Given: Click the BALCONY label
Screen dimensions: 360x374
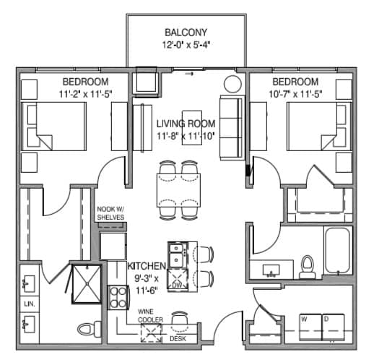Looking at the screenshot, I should click(187, 33).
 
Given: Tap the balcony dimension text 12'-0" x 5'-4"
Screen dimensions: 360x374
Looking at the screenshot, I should click(187, 45).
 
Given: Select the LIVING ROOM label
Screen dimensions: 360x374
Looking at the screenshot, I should click(187, 123).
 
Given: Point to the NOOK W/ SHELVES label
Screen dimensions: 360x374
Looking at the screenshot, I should click(111, 215).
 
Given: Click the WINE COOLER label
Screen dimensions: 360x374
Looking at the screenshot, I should click(152, 316).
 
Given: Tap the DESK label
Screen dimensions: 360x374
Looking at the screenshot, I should click(178, 338).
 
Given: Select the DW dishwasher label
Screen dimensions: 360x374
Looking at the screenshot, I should click(177, 286).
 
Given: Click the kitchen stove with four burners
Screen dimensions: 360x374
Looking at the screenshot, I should click(118, 297).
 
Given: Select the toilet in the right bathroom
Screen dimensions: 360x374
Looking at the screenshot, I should click(308, 266).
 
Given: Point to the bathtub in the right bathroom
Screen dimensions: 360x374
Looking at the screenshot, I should click(337, 253).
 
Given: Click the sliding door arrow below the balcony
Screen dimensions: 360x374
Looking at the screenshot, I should click(190, 73).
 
